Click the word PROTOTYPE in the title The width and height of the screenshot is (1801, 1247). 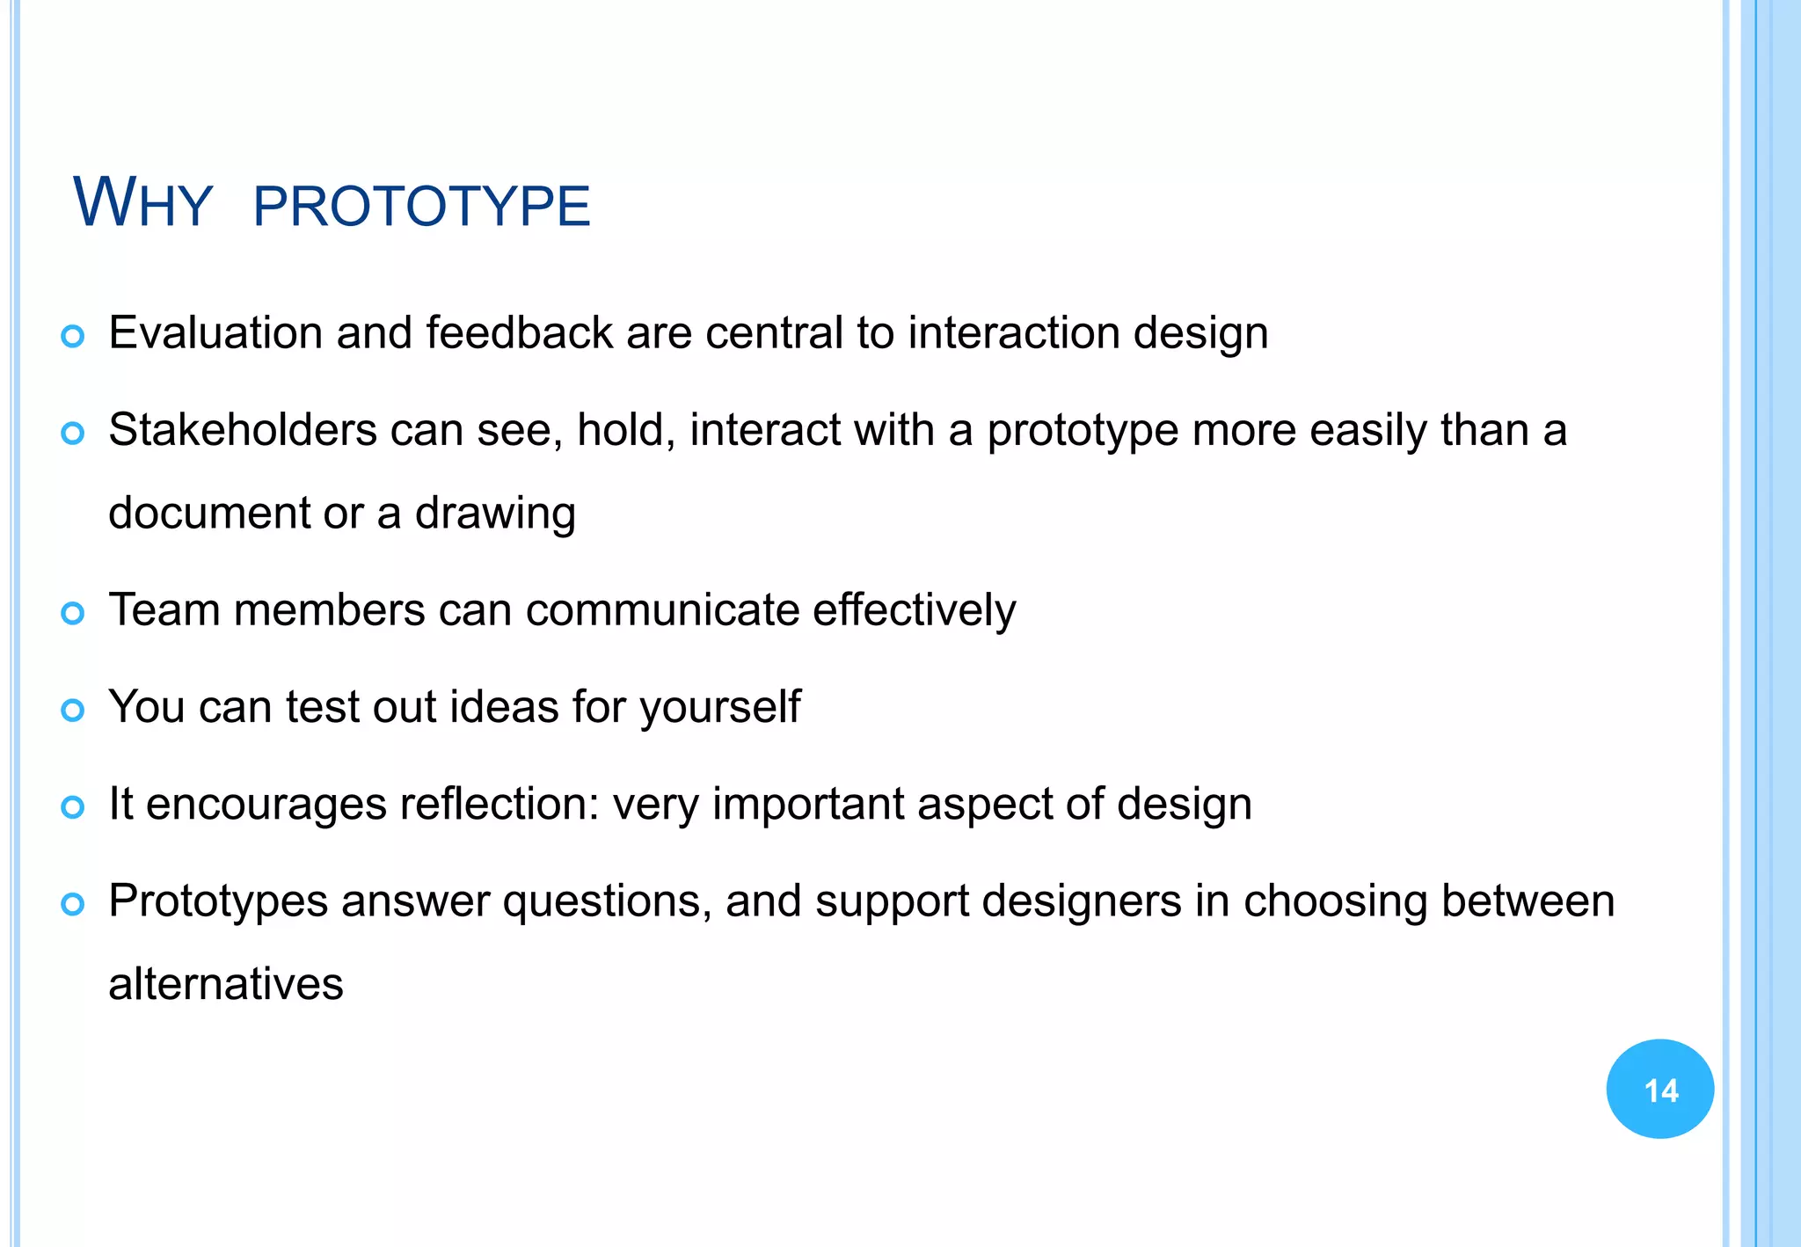[421, 207]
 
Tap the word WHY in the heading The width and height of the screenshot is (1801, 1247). [142, 204]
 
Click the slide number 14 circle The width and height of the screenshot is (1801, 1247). [1659, 1090]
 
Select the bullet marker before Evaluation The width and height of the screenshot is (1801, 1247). [73, 336]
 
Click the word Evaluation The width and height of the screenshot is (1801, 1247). [215, 333]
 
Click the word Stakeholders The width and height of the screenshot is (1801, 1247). [242, 431]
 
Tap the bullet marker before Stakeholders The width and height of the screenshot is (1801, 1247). [73, 433]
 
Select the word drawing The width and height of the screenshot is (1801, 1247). [495, 514]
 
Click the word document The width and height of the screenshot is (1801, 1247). [209, 514]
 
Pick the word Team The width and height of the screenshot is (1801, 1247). [164, 610]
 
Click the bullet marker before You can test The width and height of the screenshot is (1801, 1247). [73, 710]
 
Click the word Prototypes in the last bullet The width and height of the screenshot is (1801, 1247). [217, 902]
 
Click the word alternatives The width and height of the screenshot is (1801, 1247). [225, 984]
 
